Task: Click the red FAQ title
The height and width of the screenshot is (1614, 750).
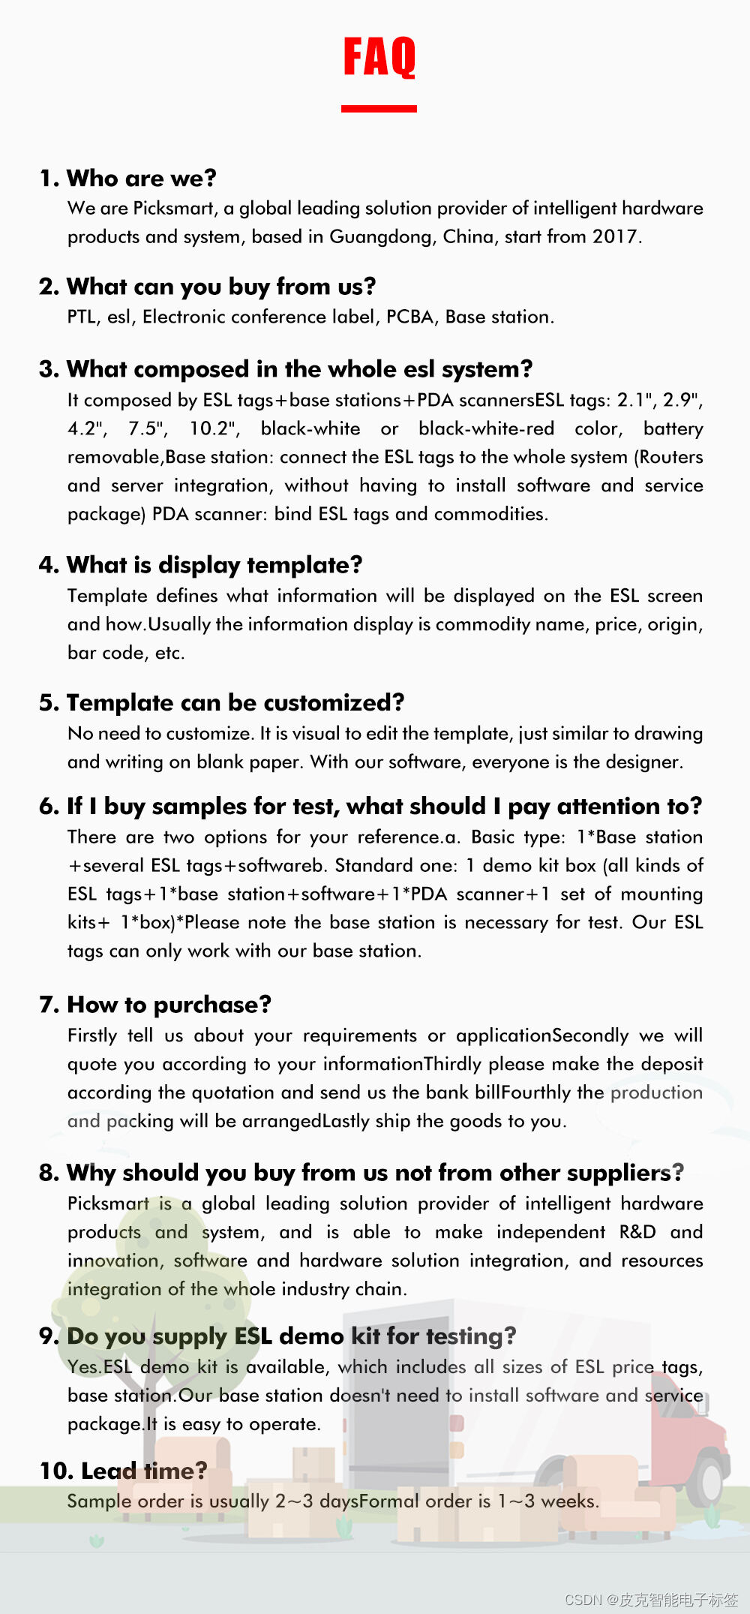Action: click(379, 57)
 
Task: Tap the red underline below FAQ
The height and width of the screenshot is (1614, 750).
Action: click(379, 109)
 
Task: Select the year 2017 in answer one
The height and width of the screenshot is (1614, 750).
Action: click(615, 237)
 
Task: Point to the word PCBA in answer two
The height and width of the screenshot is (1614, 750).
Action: click(410, 317)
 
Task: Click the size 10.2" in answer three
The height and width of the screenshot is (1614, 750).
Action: click(214, 428)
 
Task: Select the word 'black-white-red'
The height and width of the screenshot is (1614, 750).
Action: click(486, 428)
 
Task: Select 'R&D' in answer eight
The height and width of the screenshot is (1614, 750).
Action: click(637, 1232)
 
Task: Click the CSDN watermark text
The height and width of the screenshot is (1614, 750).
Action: click(650, 1599)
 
